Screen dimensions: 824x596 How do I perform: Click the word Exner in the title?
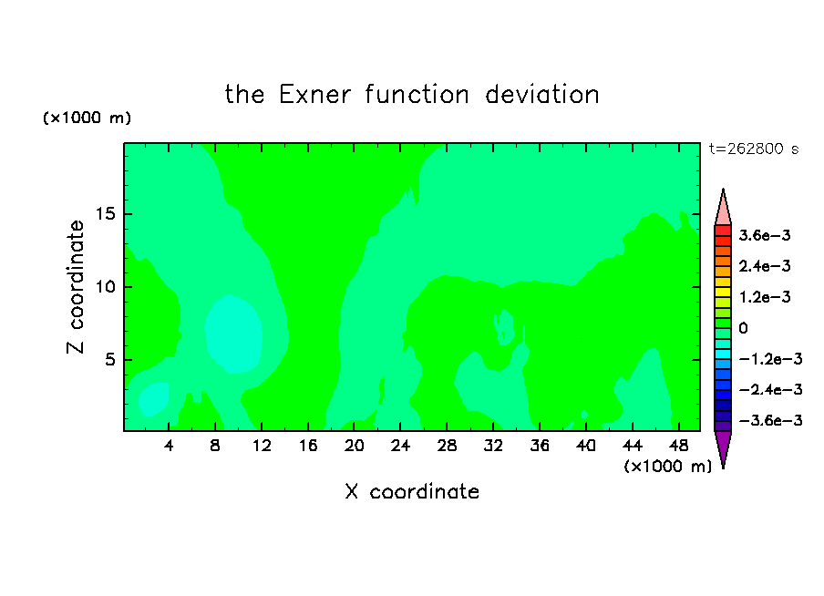click(314, 95)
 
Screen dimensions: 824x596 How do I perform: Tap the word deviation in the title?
click(541, 95)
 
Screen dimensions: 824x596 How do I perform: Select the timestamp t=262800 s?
click(754, 149)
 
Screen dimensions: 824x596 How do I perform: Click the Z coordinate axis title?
click(75, 287)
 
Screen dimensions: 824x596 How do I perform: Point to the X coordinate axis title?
click(412, 491)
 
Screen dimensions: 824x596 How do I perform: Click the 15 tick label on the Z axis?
click(105, 214)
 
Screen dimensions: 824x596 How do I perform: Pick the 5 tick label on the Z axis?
click(109, 359)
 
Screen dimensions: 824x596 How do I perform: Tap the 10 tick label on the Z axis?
click(105, 287)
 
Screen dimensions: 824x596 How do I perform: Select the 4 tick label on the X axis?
click(168, 446)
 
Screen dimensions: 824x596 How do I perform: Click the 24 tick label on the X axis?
click(400, 446)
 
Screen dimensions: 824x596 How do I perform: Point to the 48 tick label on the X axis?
click(678, 446)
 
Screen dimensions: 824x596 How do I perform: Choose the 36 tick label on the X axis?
click(540, 446)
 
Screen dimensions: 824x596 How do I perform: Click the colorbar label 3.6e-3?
click(764, 235)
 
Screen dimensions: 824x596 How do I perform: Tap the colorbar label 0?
click(743, 328)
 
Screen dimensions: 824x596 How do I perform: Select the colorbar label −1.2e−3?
click(770, 359)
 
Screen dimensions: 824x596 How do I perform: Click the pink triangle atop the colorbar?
click(723, 208)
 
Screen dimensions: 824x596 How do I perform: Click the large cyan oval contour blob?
click(233, 334)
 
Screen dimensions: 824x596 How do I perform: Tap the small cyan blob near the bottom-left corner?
click(153, 399)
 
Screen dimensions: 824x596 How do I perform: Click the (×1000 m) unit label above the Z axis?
click(87, 118)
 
